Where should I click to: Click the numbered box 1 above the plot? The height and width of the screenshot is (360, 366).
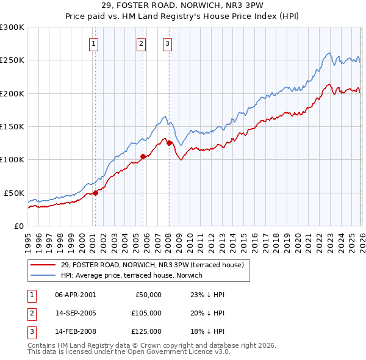(95, 43)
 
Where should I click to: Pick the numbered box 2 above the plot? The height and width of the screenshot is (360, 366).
(141, 43)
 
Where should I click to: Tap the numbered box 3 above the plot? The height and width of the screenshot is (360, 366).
(167, 43)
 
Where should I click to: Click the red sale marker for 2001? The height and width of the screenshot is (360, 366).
(95, 193)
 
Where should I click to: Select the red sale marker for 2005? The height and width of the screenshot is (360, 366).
(143, 156)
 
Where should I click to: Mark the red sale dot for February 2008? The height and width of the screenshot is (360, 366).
(169, 143)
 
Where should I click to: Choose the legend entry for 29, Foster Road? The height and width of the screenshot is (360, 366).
(152, 265)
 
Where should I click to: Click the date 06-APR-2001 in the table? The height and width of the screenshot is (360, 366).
(75, 295)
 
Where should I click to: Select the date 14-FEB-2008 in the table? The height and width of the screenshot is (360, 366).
(75, 333)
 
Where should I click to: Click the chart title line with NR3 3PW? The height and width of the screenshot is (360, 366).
(183, 7)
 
